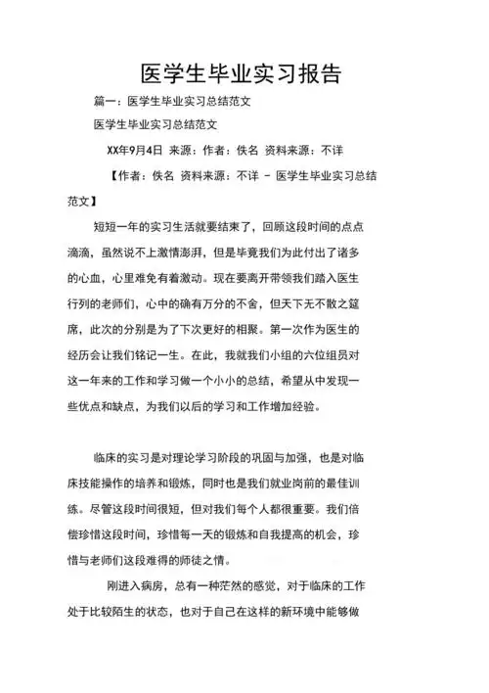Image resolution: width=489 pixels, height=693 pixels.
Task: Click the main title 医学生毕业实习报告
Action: pos(242,74)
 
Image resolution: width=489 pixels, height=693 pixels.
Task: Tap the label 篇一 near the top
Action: pos(105,102)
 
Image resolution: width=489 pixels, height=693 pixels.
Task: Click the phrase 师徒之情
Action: pos(247,558)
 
